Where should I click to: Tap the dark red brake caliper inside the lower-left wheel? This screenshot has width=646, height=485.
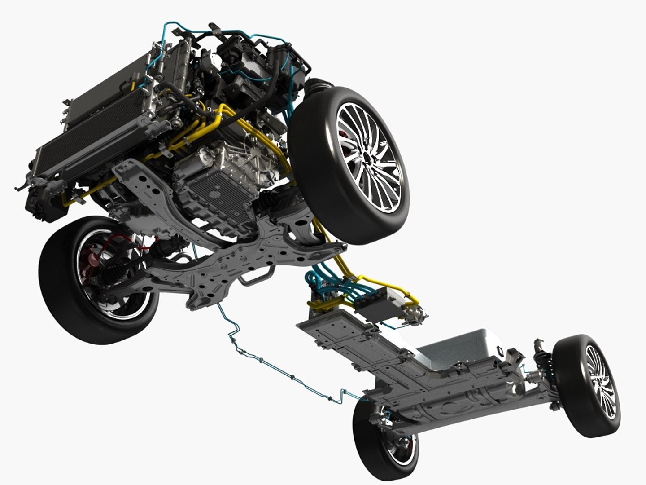tap(95, 260)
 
